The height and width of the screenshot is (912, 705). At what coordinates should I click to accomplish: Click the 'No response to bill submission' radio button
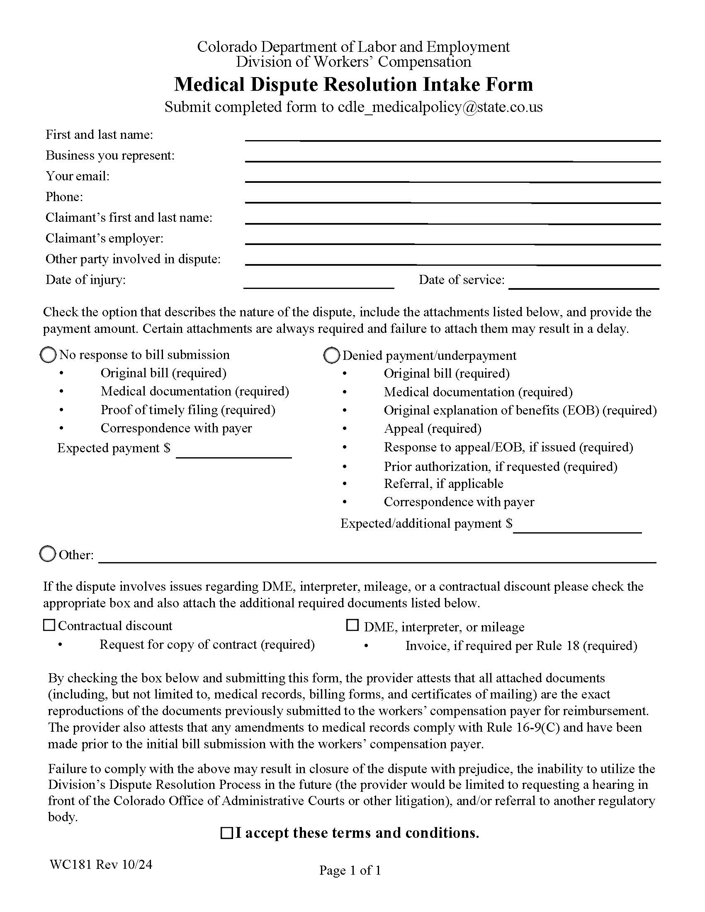click(x=48, y=355)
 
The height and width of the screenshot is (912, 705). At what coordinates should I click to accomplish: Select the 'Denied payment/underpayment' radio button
click(x=331, y=355)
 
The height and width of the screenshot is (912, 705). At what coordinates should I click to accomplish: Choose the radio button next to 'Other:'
click(x=47, y=554)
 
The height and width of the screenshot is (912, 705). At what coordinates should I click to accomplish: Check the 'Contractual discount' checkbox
click(x=49, y=625)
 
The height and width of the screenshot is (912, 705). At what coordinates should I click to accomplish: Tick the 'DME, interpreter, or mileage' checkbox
click(x=352, y=625)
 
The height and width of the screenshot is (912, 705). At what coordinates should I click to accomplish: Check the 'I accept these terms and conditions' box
click(x=226, y=833)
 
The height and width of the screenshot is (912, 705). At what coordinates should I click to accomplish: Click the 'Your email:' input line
click(x=452, y=177)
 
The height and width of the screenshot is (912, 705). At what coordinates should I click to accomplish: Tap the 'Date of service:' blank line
click(x=583, y=283)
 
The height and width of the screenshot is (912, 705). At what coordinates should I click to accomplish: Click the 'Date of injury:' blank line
click(x=318, y=283)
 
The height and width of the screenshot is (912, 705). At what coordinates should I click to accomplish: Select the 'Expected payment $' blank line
click(x=233, y=452)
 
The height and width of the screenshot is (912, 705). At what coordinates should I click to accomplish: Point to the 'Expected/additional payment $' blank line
click(x=577, y=527)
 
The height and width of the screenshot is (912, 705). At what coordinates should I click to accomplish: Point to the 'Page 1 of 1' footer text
click(x=350, y=870)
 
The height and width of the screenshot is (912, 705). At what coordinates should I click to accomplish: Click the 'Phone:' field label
click(x=64, y=196)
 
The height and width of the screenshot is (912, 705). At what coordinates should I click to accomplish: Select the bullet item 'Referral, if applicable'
click(x=443, y=483)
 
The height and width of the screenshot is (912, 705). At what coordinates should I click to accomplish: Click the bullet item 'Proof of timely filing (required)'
click(x=187, y=410)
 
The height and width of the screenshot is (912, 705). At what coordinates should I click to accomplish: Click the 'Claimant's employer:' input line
click(x=452, y=239)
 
